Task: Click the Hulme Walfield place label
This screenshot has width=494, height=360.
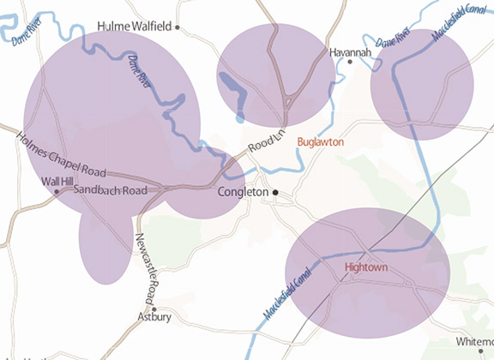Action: click(136, 27)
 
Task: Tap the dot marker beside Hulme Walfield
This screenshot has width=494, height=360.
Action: click(178, 27)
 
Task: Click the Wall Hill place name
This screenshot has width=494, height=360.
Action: click(58, 182)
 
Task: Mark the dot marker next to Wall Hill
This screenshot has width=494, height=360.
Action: click(57, 191)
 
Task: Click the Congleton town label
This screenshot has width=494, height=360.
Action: click(243, 192)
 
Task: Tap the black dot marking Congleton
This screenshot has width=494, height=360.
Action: click(275, 192)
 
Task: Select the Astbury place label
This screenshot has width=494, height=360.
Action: click(154, 317)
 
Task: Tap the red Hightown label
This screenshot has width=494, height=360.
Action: click(366, 267)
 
